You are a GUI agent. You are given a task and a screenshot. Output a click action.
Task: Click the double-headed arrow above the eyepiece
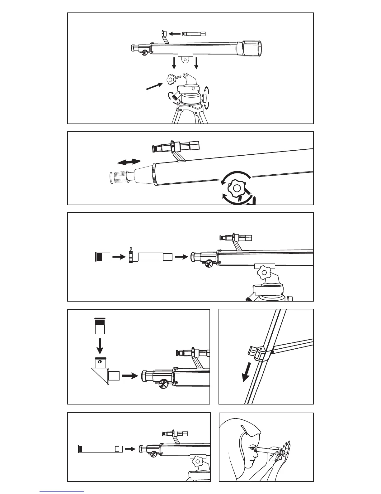point(129,162)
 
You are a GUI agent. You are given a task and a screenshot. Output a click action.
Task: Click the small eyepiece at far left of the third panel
point(102,257)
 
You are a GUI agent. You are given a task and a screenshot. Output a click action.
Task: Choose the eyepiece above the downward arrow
point(100,326)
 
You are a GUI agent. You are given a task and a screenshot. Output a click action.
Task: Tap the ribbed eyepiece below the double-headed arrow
point(120,177)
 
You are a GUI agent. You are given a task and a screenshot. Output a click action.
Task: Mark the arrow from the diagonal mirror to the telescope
point(130,376)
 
